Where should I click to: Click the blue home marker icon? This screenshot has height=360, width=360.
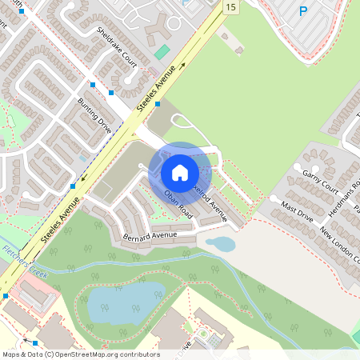click(180, 172)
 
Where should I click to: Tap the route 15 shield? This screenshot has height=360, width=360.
click(230, 7)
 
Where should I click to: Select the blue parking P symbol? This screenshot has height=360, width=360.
click(303, 11)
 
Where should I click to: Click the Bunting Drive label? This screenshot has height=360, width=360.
click(94, 114)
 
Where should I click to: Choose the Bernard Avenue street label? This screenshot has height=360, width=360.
click(150, 237)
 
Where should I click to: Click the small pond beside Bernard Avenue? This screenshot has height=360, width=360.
click(221, 244)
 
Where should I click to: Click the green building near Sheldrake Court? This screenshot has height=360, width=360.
click(162, 52)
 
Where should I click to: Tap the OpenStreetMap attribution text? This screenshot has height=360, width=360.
click(80, 354)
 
